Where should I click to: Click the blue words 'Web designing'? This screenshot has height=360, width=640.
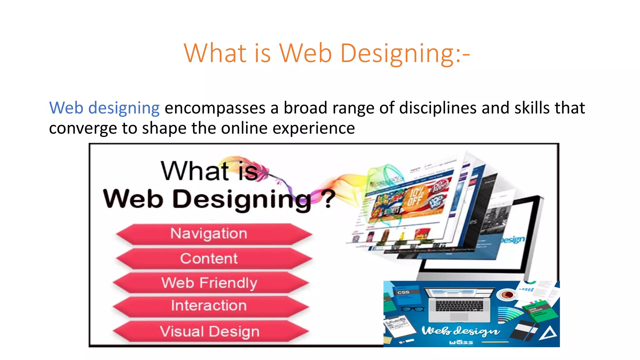coord(104,108)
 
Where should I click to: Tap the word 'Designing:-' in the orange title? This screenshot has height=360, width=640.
coord(405,53)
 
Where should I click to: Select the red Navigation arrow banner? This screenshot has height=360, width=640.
coord(213,234)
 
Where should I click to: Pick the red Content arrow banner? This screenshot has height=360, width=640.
coord(213,259)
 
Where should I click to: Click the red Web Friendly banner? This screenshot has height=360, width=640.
coord(211,283)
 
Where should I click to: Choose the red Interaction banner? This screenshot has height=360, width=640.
coord(211,306)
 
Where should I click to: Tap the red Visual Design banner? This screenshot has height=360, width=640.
coord(211,332)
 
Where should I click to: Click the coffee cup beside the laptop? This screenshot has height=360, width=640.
coord(507,294)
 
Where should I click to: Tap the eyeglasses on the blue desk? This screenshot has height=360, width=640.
coord(412,309)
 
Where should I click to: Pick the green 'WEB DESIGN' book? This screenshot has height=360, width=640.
coord(539,311)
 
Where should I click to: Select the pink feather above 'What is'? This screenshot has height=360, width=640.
coord(247,166)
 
